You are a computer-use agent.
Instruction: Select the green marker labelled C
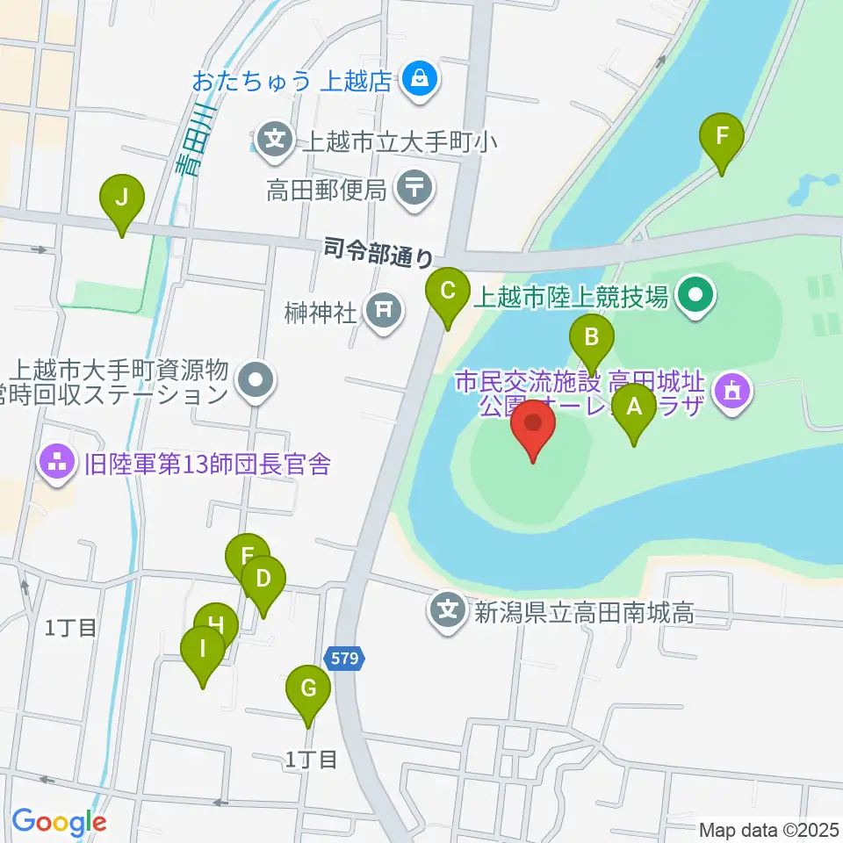(447, 291)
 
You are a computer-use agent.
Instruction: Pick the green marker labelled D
(263, 580)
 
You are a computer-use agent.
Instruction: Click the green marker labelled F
(722, 138)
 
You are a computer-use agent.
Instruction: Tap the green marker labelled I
(203, 651)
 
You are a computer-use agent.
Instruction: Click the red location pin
(534, 424)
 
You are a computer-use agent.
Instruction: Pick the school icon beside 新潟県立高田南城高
(449, 609)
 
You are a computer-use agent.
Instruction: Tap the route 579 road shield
(346, 659)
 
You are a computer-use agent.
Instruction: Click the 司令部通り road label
(378, 252)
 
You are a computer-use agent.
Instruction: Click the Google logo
(59, 822)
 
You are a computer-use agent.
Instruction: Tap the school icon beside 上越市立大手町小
(276, 139)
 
